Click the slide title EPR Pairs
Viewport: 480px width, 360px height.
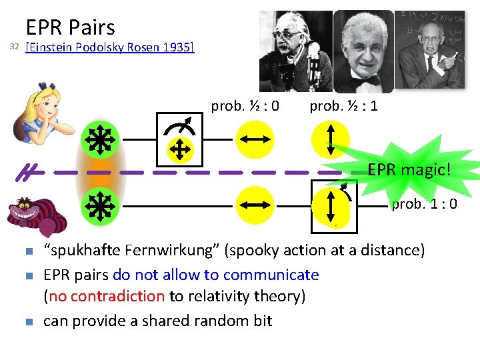click(70, 27)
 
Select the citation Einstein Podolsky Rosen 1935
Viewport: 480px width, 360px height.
click(109, 48)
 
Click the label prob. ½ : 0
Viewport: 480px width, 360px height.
click(245, 106)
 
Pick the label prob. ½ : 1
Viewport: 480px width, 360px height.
click(343, 106)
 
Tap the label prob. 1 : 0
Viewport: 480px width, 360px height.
click(424, 204)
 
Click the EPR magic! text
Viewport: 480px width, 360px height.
click(409, 170)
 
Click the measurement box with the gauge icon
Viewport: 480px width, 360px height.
click(179, 139)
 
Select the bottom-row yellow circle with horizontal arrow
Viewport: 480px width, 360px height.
click(254, 206)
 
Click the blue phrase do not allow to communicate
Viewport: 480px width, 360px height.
click(216, 275)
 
